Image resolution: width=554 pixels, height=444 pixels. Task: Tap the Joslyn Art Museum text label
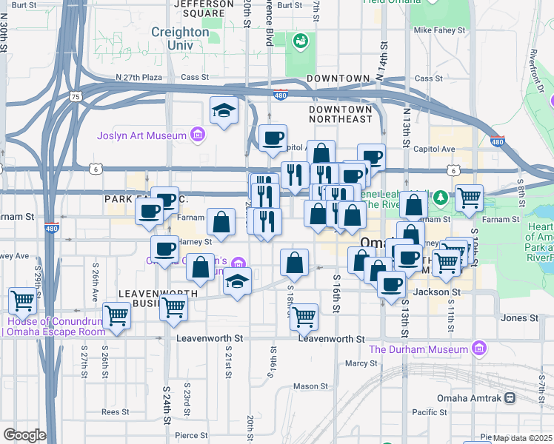141,135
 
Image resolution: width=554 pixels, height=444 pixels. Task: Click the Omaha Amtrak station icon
510,398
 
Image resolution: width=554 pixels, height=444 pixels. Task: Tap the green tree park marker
440,197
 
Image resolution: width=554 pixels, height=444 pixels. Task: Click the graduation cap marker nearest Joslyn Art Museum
224,111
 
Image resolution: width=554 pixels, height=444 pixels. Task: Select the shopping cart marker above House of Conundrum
22,300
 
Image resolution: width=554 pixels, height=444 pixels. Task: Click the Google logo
24,434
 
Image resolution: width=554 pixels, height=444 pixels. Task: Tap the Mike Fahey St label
439,31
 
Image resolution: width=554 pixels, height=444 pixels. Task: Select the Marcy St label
361,363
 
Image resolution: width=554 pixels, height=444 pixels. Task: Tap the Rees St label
116,412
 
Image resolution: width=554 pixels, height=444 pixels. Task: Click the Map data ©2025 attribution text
523,438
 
